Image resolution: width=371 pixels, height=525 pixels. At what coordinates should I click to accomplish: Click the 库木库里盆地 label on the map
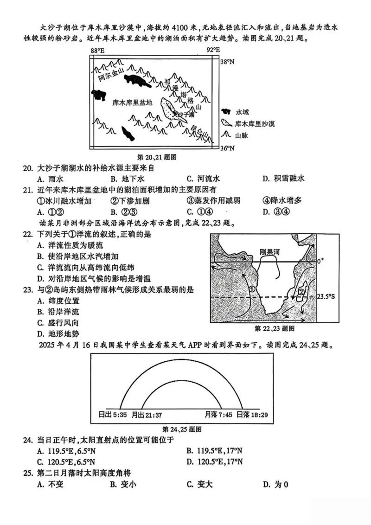[132, 102]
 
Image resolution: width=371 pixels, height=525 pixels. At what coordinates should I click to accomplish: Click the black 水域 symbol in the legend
[227, 112]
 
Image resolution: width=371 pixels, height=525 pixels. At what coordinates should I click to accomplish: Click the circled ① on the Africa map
[252, 288]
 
